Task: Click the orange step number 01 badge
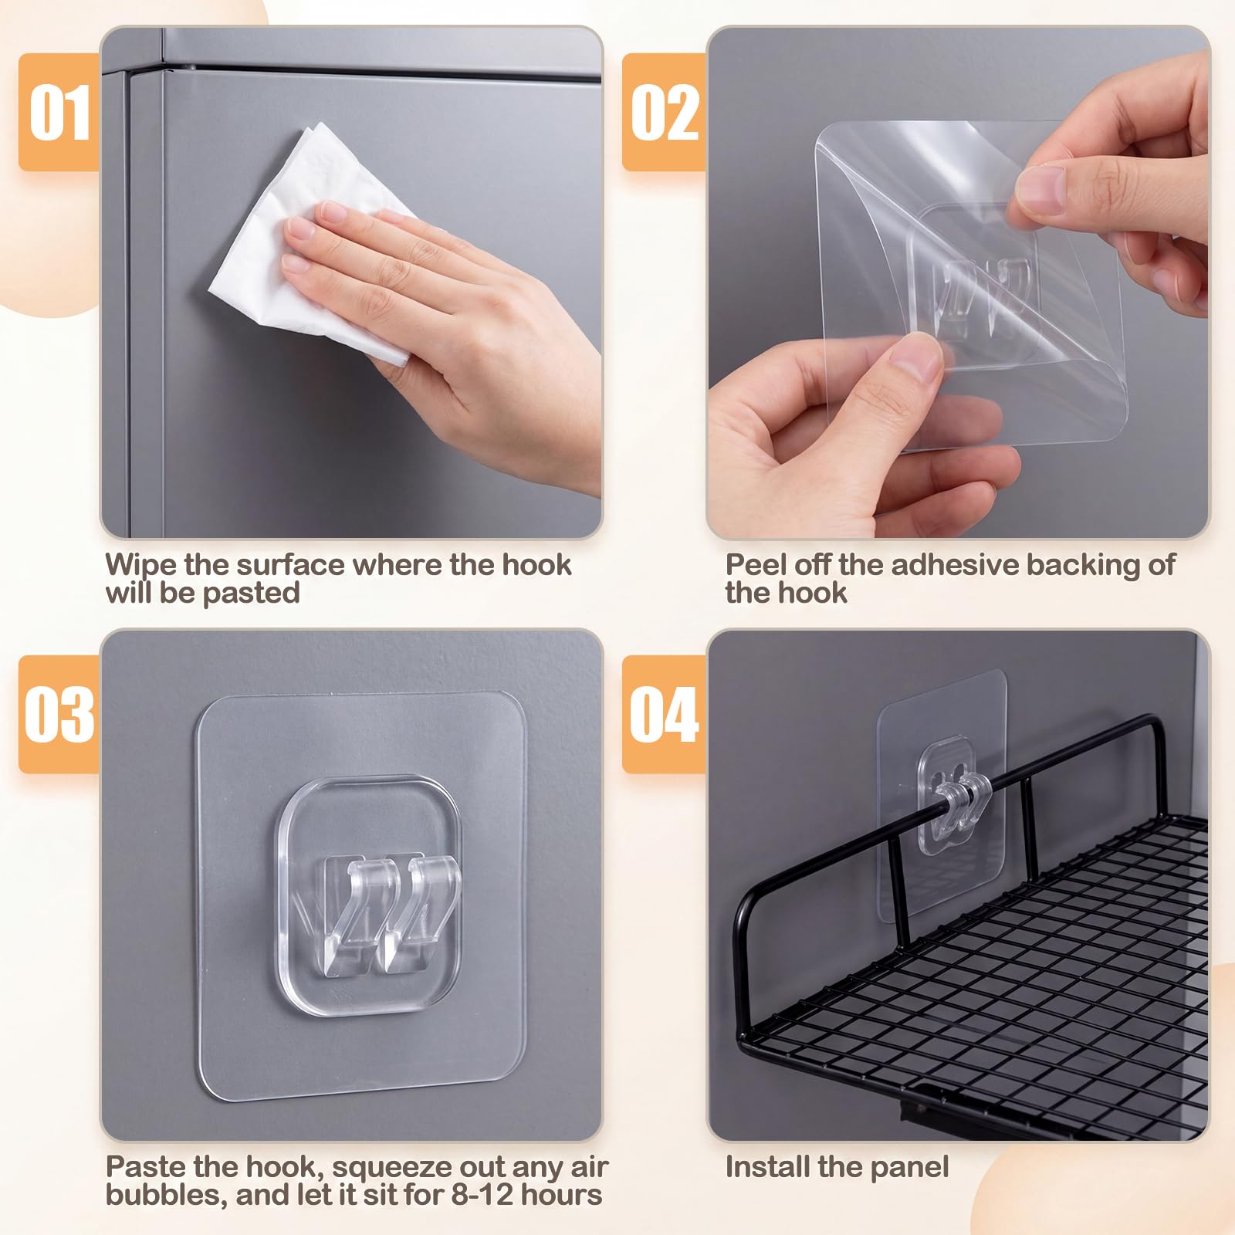(59, 113)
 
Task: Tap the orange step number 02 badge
(664, 113)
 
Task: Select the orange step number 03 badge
(59, 715)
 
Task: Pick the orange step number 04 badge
(664, 715)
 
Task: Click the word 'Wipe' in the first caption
(141, 566)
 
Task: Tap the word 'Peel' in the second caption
(756, 565)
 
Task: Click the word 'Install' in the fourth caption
(767, 1166)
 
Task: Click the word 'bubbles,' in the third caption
(167, 1195)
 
